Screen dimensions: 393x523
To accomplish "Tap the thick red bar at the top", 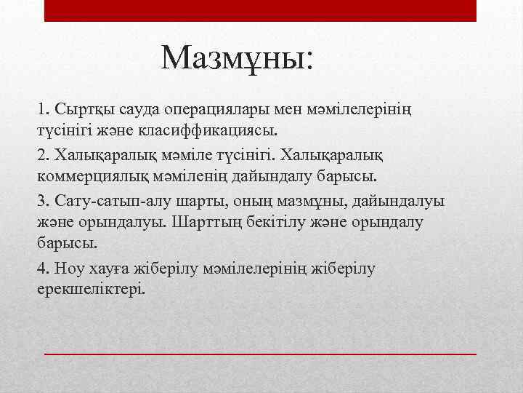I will pyautogui.click(x=260, y=10).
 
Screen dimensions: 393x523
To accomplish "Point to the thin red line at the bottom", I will pyautogui.click(x=260, y=353).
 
